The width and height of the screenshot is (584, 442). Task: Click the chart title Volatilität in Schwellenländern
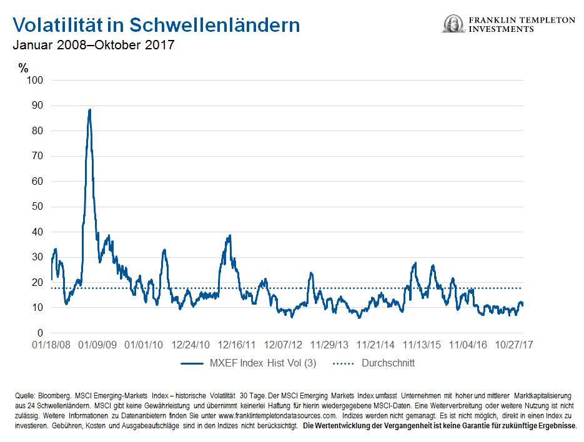[156, 25]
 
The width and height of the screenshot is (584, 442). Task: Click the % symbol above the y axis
[24, 68]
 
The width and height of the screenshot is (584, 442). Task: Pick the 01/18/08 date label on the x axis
[51, 345]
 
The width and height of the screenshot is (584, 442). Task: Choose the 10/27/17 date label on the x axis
[513, 345]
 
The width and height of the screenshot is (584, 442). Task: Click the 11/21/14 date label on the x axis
[376, 345]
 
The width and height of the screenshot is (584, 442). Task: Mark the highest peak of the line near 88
[89, 110]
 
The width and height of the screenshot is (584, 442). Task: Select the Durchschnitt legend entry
[387, 363]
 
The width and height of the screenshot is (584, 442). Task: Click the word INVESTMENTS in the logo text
[503, 29]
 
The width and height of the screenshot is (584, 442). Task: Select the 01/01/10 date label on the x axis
[145, 345]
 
